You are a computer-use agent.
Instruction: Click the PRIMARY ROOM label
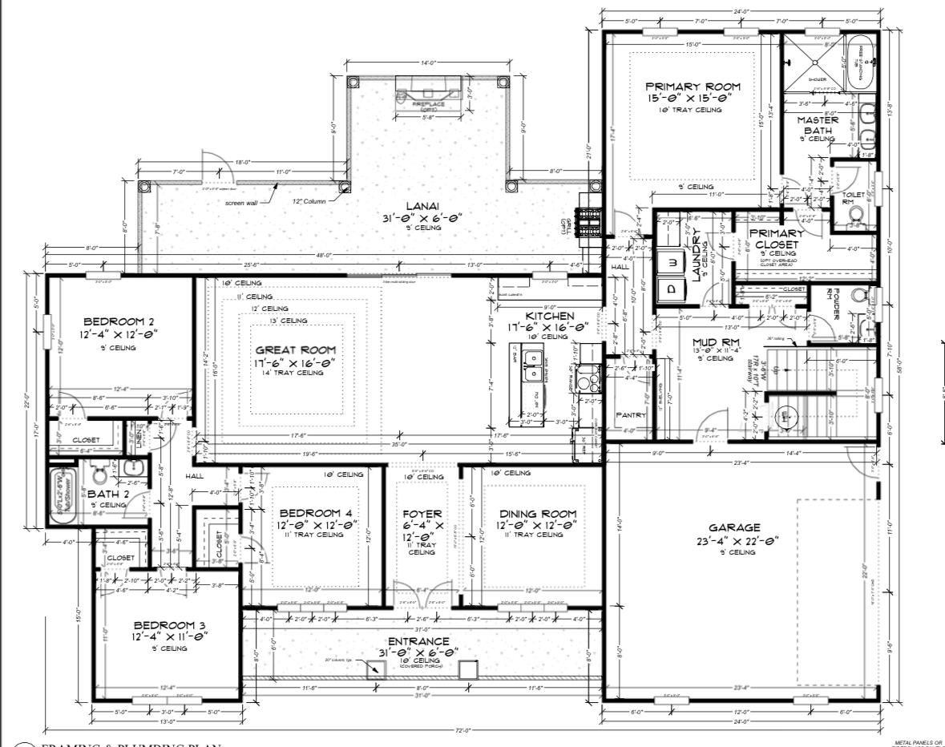(x=693, y=87)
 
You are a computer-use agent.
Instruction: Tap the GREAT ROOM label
(x=295, y=350)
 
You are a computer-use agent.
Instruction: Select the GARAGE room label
(x=734, y=528)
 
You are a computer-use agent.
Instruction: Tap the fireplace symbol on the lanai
(x=427, y=95)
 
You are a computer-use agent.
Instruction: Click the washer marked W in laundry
(x=672, y=261)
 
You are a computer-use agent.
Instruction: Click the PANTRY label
(x=630, y=415)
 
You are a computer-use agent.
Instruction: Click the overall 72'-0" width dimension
(x=462, y=730)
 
